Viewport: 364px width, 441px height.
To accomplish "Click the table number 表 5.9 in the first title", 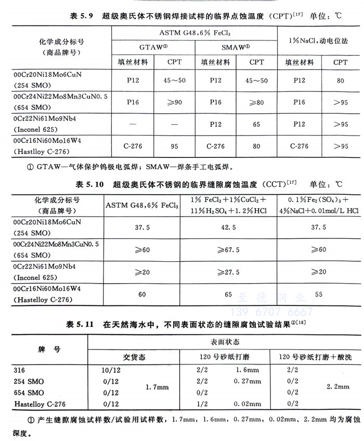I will (81, 16).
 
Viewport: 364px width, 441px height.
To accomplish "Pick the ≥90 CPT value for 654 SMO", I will (174, 102).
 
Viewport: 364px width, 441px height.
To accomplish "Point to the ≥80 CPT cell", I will (256, 102).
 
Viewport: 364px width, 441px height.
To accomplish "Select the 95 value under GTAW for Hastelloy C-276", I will (174, 146).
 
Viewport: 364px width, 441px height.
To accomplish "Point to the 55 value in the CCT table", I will (319, 294).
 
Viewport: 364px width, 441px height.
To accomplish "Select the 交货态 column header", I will (134, 357).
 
